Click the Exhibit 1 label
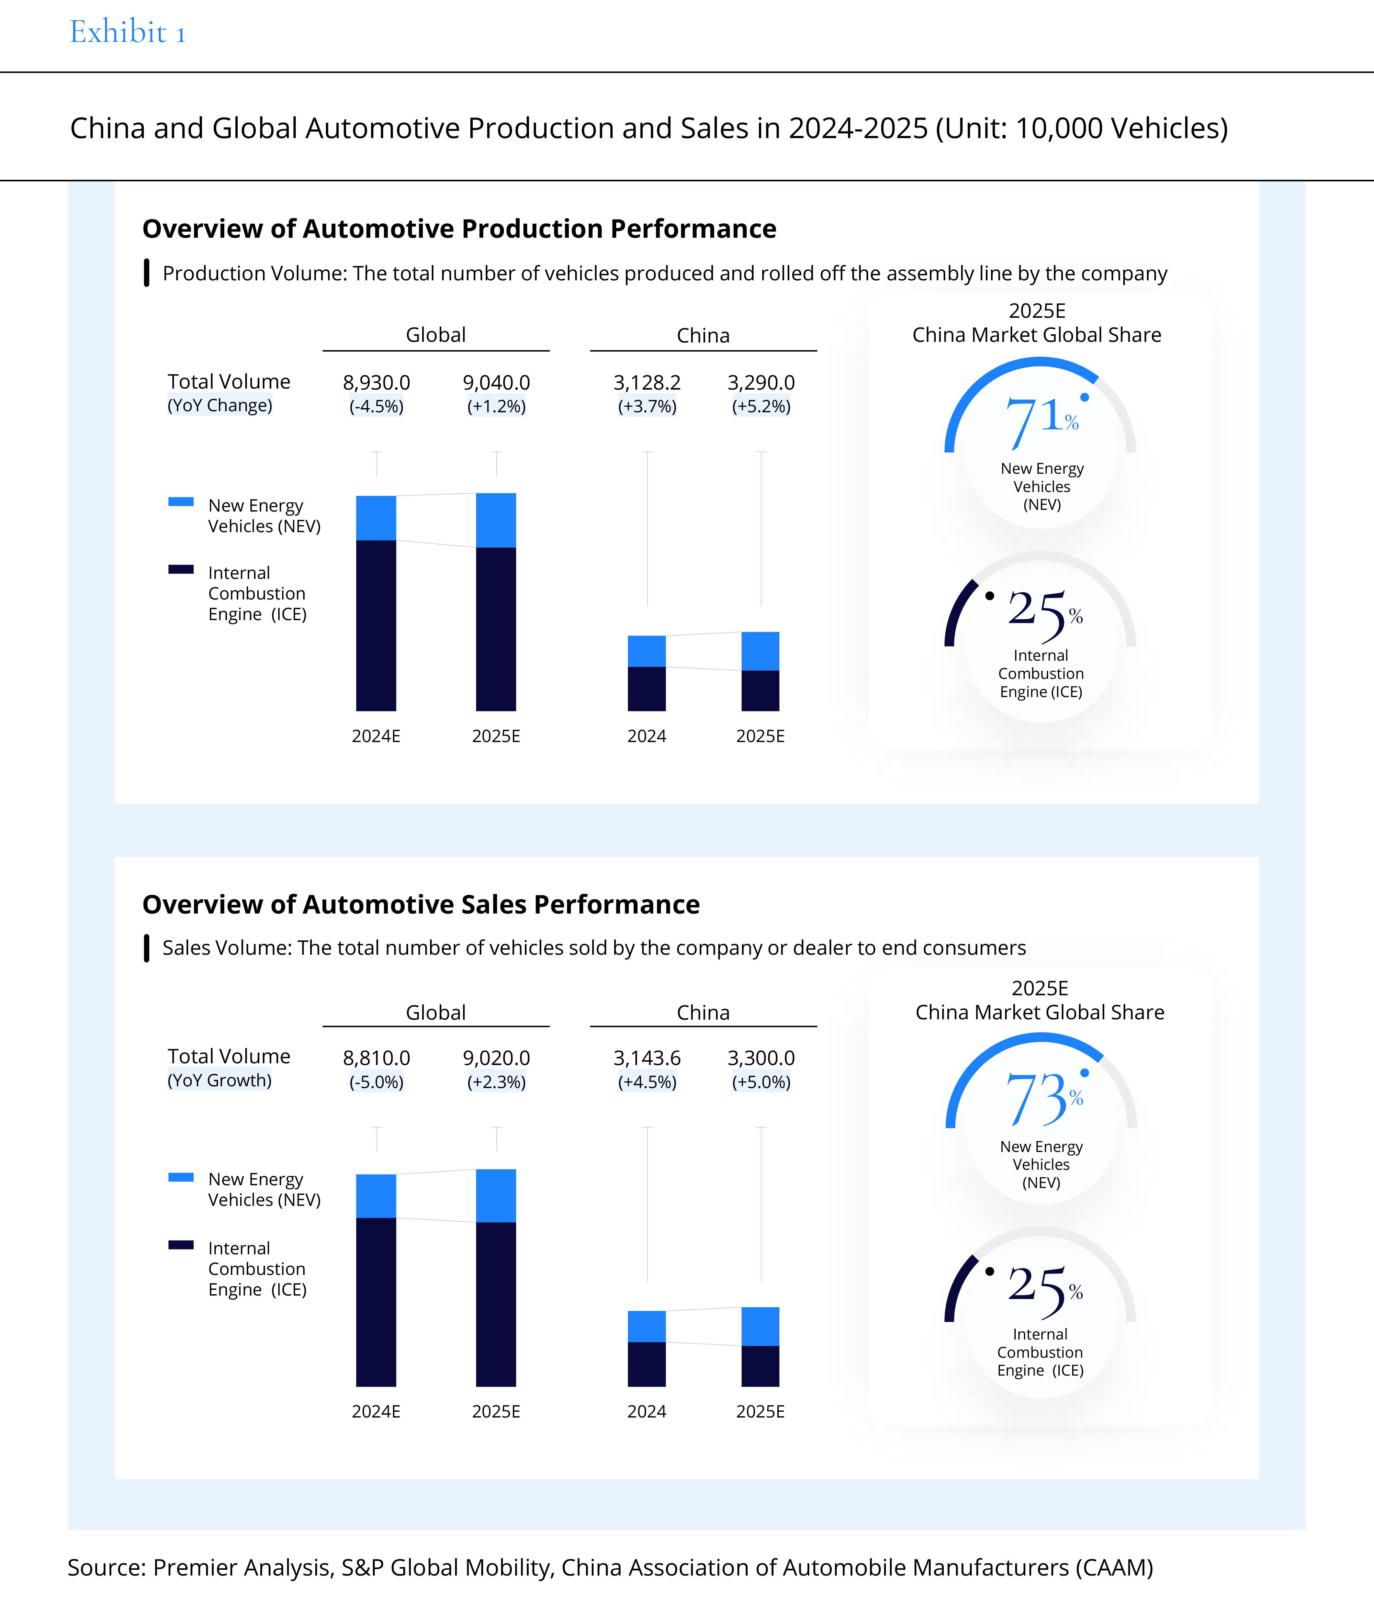(x=127, y=33)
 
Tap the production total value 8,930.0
(x=376, y=383)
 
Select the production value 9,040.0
(x=496, y=383)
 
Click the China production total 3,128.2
(x=647, y=383)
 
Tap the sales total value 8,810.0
(x=376, y=1058)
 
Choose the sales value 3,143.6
(x=647, y=1058)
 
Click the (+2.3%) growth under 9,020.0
(x=496, y=1082)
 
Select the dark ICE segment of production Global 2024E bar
(x=376, y=626)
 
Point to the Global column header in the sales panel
(x=436, y=1013)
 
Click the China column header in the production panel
(x=703, y=336)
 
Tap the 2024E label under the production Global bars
(x=376, y=736)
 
